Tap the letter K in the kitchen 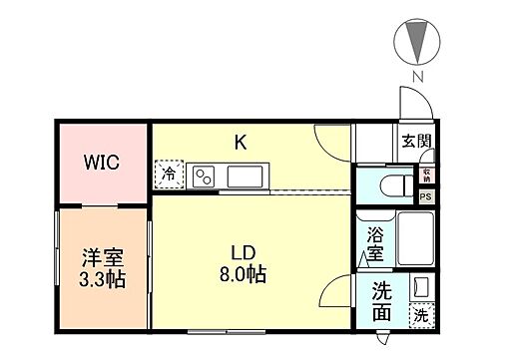click(241, 143)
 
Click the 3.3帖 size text click(102, 280)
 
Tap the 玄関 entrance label click(416, 142)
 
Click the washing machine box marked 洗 click(421, 315)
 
